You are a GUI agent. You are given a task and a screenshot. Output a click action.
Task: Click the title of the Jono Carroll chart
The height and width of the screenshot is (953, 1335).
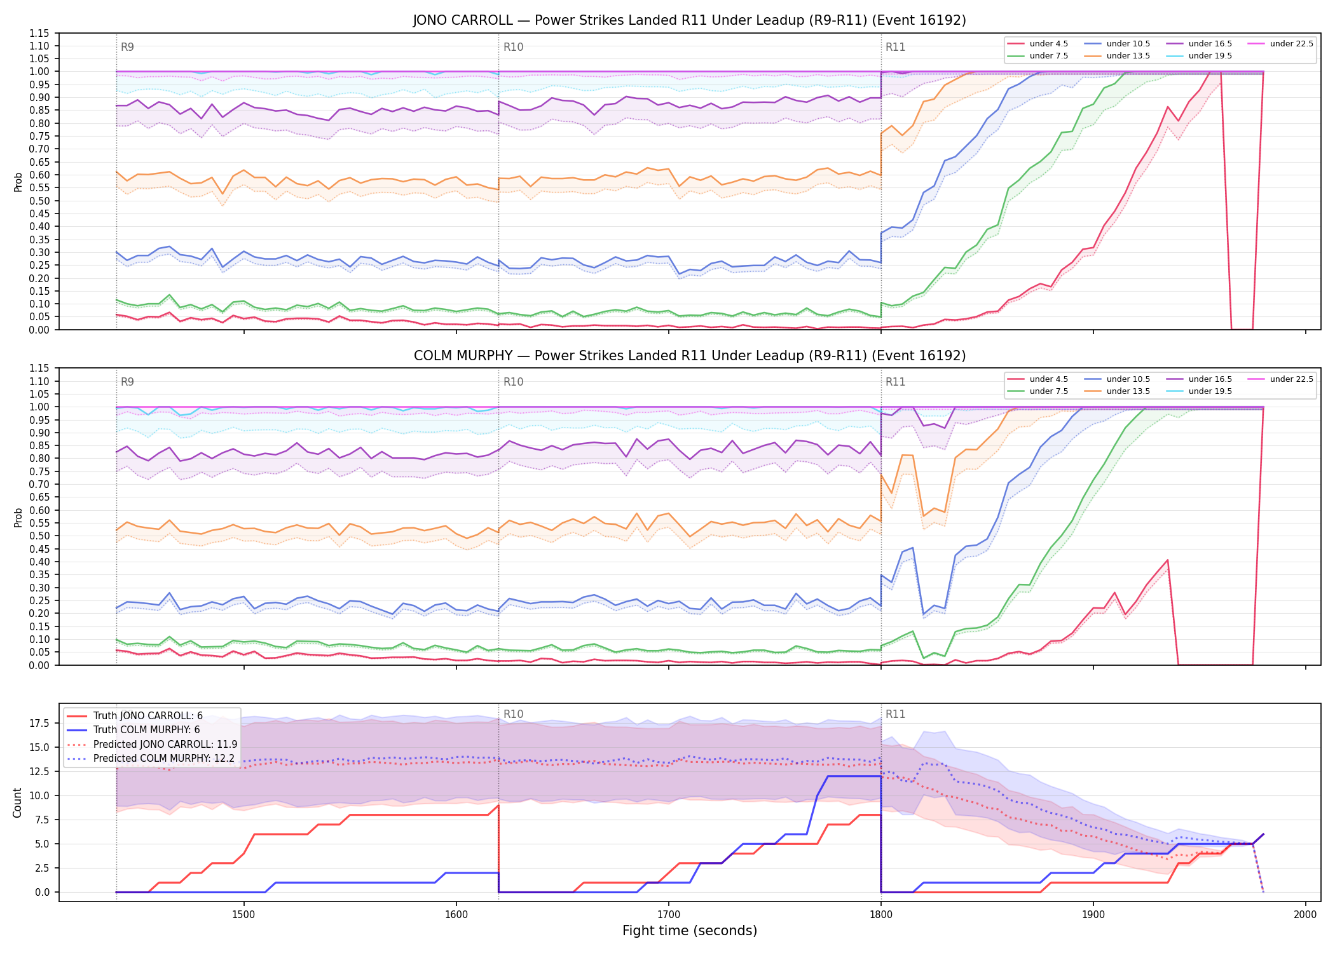(x=689, y=20)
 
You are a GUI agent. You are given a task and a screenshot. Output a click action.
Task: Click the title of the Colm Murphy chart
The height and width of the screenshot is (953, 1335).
(x=689, y=356)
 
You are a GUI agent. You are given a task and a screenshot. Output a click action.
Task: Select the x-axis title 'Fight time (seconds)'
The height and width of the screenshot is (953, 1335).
(x=690, y=931)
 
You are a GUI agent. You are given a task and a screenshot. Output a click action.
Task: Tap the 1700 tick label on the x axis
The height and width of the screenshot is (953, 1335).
(x=669, y=914)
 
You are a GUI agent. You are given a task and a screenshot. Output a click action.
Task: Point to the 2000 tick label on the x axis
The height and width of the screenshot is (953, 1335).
(x=1306, y=914)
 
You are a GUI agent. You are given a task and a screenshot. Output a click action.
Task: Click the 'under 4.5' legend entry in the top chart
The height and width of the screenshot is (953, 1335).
(x=1038, y=44)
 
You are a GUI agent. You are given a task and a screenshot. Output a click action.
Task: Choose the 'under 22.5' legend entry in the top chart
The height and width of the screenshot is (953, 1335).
(x=1280, y=44)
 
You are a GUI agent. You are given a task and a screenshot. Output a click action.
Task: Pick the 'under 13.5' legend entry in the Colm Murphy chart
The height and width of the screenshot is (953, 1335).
(x=1118, y=391)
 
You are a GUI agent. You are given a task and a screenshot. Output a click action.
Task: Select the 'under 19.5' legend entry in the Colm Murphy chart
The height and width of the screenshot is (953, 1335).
(x=1200, y=391)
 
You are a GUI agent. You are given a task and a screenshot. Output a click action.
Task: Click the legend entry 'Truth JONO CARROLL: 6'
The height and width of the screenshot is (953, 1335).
(x=135, y=716)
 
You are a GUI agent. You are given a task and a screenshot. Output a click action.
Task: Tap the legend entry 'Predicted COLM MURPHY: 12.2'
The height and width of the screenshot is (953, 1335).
(x=151, y=759)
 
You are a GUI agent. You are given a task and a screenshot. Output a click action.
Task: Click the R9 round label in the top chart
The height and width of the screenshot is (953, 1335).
(x=127, y=47)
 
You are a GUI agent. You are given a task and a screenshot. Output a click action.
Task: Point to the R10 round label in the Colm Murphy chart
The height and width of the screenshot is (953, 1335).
(x=513, y=382)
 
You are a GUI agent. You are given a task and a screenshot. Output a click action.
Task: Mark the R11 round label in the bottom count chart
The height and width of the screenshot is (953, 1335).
(x=895, y=714)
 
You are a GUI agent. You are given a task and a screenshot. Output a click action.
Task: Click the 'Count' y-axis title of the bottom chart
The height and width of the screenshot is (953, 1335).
(x=17, y=802)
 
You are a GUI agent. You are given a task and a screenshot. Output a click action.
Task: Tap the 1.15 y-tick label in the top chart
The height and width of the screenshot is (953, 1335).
(x=39, y=33)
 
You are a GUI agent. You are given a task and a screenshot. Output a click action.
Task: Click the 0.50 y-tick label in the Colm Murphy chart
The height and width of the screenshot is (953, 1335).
(x=39, y=536)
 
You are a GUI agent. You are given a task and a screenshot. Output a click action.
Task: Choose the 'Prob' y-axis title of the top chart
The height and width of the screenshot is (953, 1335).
(x=18, y=182)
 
